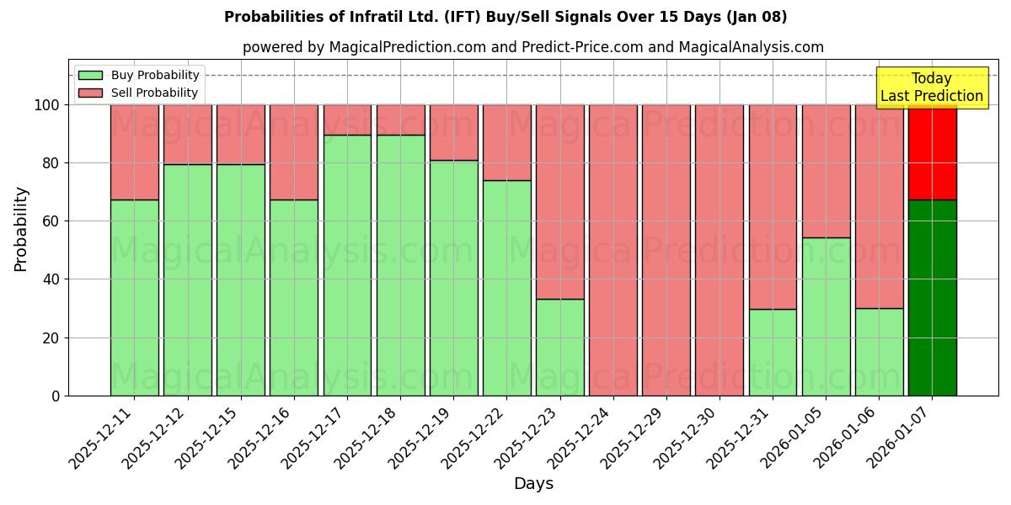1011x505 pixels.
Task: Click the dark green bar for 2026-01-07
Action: tap(932, 297)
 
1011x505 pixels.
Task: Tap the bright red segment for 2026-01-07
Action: tap(932, 151)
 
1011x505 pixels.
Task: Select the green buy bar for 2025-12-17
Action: tap(347, 265)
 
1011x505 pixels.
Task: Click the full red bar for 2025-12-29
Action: tap(666, 250)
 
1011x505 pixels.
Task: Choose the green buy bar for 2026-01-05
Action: tap(826, 316)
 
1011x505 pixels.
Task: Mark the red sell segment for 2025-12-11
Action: tap(135, 151)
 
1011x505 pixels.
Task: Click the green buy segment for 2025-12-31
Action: tap(773, 352)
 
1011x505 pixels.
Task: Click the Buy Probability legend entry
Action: tap(139, 75)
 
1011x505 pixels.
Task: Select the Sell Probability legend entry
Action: tap(139, 93)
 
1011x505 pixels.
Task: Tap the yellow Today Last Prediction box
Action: tap(931, 88)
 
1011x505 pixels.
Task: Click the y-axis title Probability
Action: tap(21, 229)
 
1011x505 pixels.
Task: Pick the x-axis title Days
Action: tap(533, 484)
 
